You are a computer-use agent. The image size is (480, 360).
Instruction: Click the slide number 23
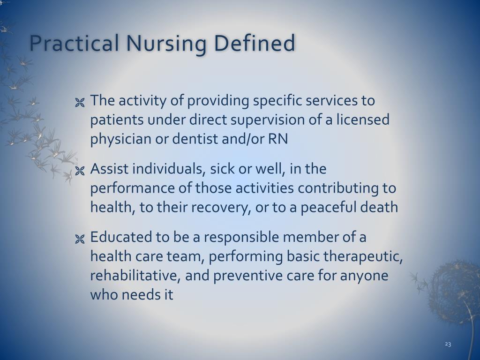pyautogui.click(x=448, y=344)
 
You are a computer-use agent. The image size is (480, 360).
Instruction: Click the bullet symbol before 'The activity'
pyautogui.click(x=80, y=103)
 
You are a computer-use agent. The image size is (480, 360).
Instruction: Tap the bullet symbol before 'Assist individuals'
pyautogui.click(x=80, y=171)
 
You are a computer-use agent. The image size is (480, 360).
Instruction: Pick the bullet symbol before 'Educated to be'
pyautogui.click(x=80, y=239)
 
